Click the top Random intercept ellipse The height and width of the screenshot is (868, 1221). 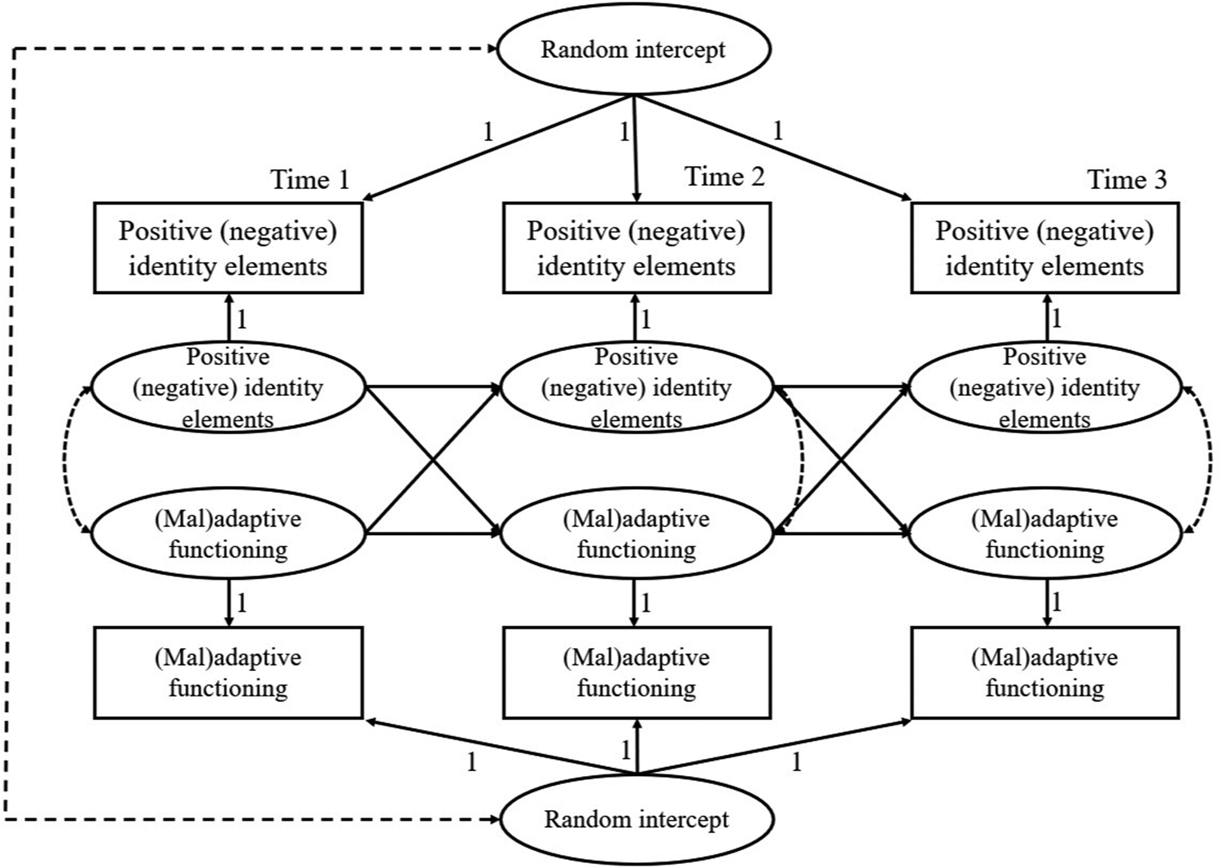[x=633, y=49]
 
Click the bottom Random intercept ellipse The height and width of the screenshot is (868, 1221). [x=637, y=819]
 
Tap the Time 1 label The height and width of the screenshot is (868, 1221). [x=309, y=179]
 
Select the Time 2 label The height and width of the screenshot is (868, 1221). [x=724, y=177]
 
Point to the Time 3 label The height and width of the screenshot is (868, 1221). [x=1127, y=179]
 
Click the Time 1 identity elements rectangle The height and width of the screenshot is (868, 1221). [x=228, y=248]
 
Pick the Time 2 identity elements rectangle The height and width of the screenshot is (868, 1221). [x=637, y=248]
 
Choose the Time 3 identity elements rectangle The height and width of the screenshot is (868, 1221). [x=1044, y=248]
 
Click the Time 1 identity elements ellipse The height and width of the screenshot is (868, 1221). [x=228, y=388]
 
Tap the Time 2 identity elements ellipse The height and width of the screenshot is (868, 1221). [x=637, y=388]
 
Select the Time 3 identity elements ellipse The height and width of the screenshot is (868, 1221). [x=1044, y=388]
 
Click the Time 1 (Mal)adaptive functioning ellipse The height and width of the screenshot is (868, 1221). [x=228, y=534]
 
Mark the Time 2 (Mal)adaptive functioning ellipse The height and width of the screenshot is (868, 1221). [x=637, y=534]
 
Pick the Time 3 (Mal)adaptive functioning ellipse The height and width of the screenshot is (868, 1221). [x=1044, y=534]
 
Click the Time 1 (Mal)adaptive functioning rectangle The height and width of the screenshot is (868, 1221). [x=228, y=673]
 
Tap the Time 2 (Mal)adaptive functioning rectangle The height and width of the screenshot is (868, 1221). [x=637, y=673]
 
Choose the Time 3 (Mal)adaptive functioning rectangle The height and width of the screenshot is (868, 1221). [x=1044, y=673]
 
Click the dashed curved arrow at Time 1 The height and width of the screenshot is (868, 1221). [x=65, y=461]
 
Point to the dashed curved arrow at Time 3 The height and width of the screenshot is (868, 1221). [x=1210, y=461]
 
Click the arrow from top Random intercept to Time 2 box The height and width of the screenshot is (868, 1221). [x=635, y=151]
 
